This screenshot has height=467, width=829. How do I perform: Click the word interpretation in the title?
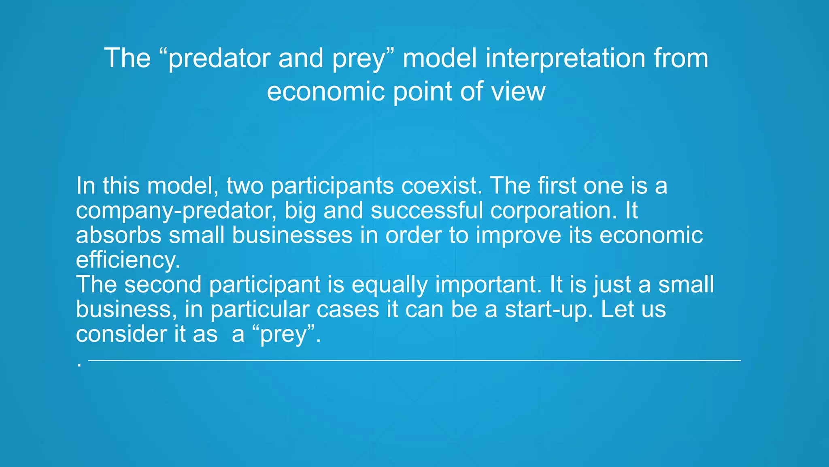[565, 58]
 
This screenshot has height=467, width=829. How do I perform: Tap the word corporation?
[554, 211]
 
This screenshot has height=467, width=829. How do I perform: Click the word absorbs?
[118, 235]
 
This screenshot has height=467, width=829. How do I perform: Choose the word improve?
[518, 236]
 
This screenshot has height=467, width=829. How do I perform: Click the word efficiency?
[128, 260]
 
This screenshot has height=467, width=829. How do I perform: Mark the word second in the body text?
[163, 284]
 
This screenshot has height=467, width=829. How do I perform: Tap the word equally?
[389, 285]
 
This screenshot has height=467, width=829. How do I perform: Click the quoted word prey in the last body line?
[283, 335]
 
